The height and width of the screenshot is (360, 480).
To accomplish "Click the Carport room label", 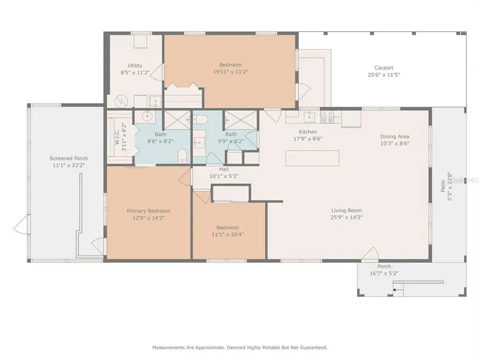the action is pos(384,67).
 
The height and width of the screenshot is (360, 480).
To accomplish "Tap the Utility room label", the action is pos(135,66).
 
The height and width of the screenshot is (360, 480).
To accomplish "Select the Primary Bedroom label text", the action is pos(148,211).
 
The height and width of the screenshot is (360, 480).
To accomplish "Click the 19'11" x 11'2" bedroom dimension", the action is pos(230,72).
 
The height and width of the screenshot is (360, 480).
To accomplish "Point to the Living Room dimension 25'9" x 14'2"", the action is pos(347,218).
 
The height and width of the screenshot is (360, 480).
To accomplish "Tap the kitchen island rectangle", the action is pos(312,158).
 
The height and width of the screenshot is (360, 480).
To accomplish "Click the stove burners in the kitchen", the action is pos(326,117).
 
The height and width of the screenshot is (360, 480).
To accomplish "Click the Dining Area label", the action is pos(394,137).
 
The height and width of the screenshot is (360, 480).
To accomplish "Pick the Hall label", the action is pos(224,169).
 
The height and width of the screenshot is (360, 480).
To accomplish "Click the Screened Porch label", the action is pos(69,158).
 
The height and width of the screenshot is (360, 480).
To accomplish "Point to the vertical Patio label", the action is pos(443,187).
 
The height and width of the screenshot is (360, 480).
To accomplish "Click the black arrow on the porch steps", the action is pos(396,290).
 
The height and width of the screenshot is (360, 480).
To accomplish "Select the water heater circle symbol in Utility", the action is pos(120,101).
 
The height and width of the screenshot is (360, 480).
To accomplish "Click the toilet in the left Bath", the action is pos(182,155).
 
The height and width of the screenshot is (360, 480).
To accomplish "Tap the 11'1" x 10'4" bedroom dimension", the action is pos(227,235).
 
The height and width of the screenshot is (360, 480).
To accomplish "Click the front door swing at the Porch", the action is pos(371,253).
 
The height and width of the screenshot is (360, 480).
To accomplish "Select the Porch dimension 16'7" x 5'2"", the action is pos(384,273).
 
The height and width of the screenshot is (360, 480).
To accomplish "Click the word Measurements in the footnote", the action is pos(168,347).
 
